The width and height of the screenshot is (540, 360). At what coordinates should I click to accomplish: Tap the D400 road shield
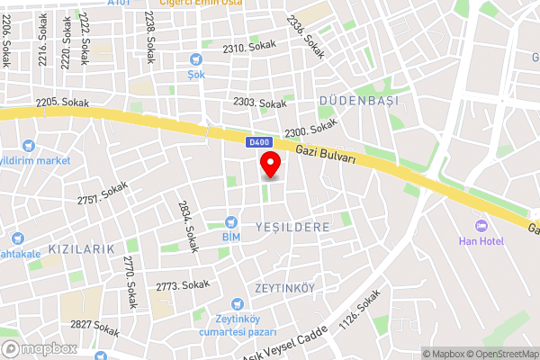258,142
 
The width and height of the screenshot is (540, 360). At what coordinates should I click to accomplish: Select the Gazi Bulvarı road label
327,158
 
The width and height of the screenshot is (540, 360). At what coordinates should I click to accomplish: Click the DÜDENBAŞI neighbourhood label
358,101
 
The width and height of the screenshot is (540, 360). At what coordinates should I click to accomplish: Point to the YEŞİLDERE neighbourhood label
292,227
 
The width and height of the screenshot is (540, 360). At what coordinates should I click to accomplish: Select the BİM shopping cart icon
231,221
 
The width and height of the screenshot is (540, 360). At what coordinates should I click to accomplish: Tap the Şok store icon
195,58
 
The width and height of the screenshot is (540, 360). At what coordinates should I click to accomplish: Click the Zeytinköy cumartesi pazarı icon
237,305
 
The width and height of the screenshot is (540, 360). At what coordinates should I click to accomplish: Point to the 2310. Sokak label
249,47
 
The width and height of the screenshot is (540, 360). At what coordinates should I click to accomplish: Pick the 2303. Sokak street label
259,103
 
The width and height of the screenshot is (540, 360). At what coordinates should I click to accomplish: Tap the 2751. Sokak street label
103,193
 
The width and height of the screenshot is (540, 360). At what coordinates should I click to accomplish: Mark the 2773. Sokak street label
182,285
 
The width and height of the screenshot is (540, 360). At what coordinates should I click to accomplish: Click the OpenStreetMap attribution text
500,354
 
